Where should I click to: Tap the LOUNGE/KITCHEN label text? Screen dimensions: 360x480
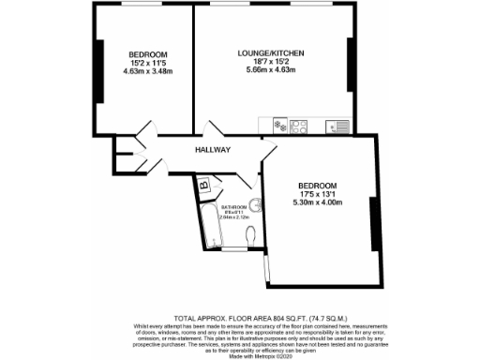click(271, 53)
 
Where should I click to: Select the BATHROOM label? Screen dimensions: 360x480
click(234, 207)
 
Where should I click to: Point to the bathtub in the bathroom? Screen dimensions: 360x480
click(209, 227)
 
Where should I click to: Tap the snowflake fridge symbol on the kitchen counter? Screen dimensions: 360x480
click(279, 125)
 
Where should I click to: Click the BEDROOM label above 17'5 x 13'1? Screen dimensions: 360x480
click(317, 185)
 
